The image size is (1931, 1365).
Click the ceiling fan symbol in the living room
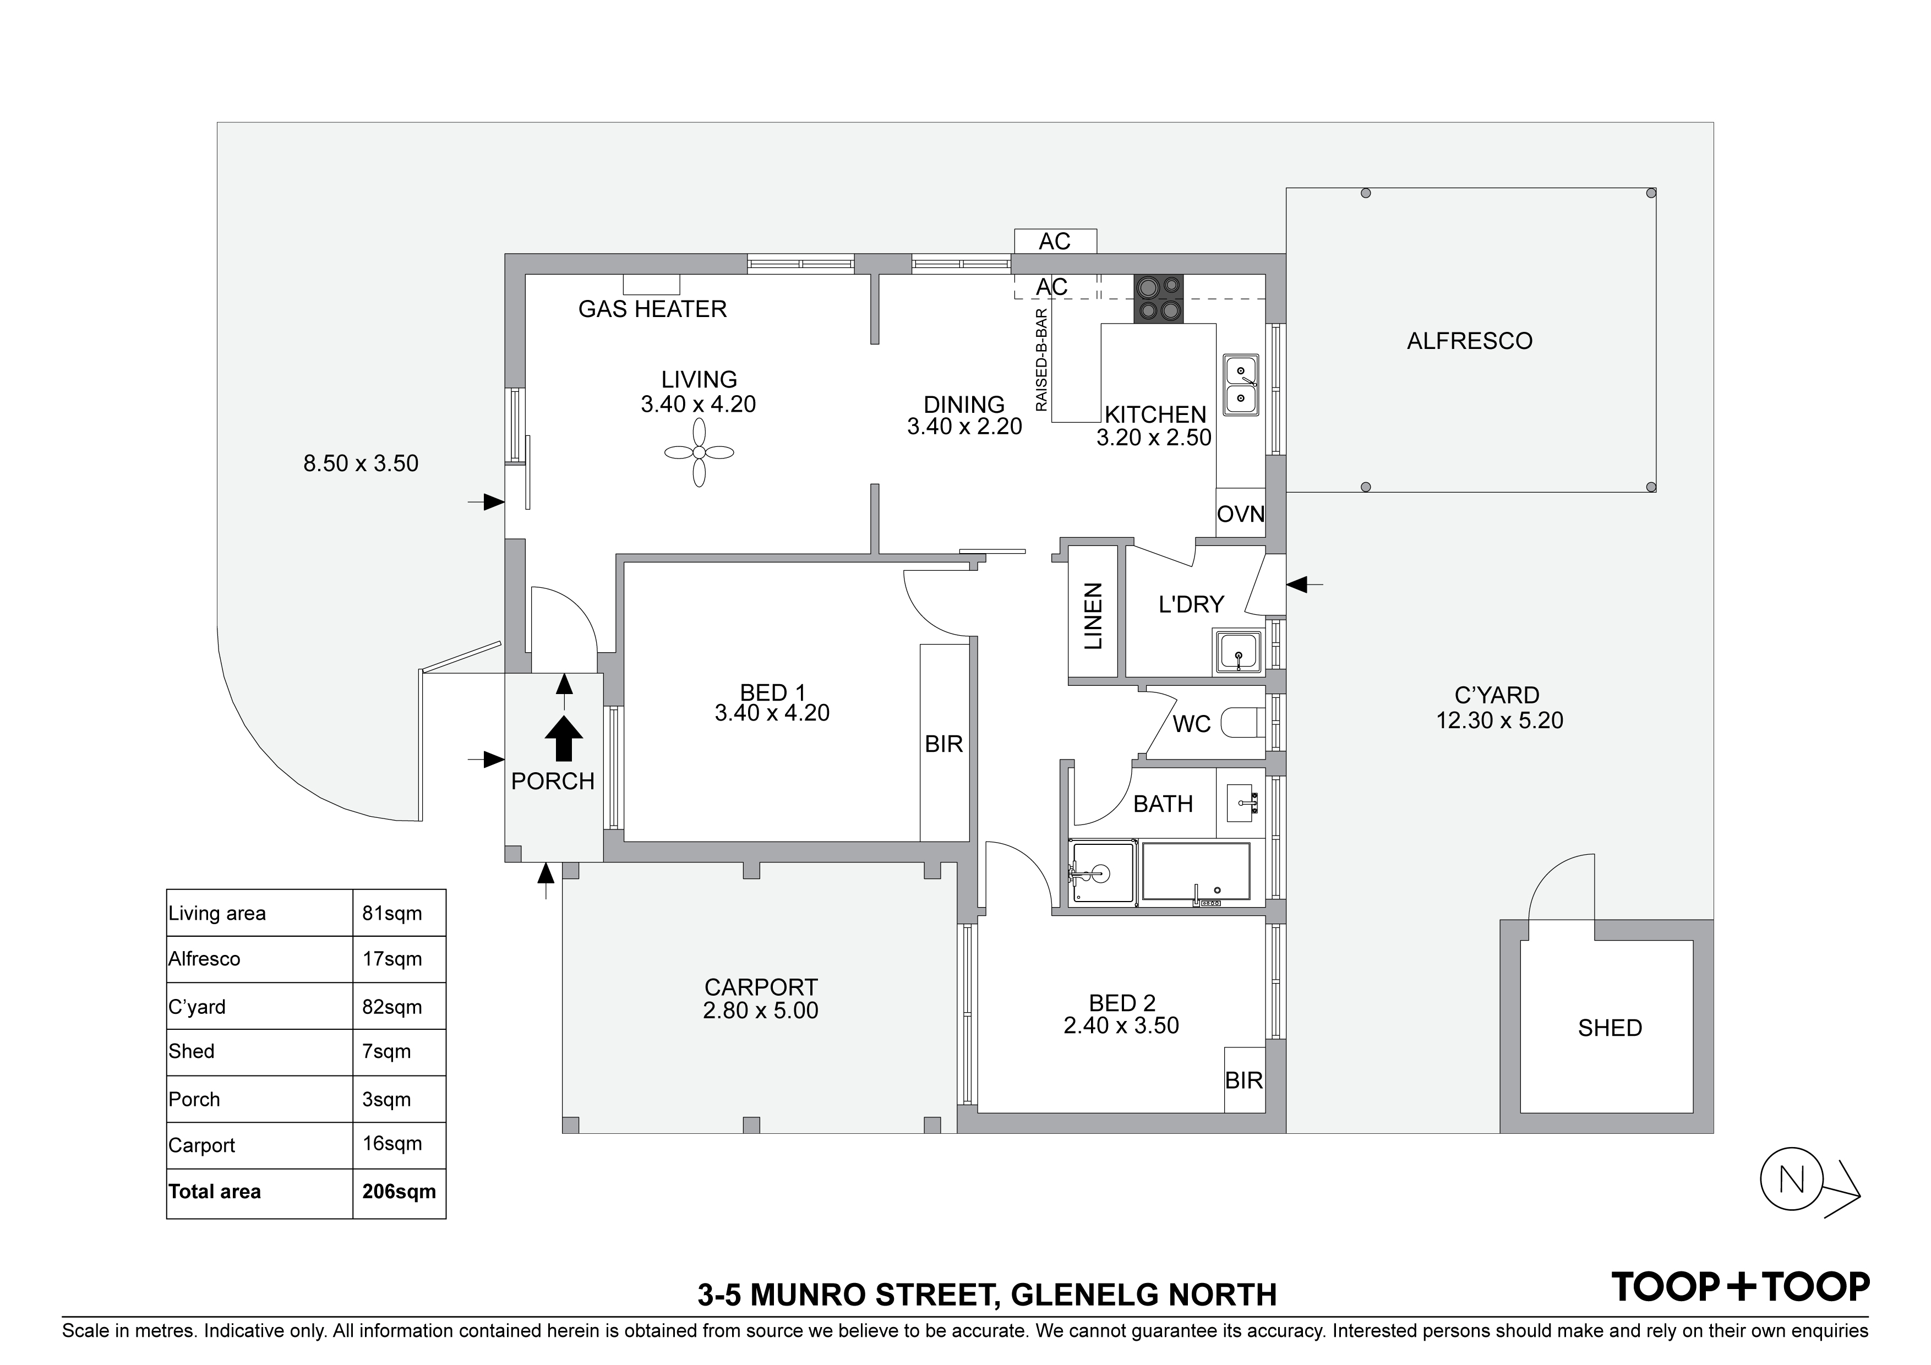tap(699, 452)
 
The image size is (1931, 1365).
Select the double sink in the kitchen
tap(1241, 384)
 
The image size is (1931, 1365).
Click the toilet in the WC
tap(1243, 723)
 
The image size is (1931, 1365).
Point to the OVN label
tap(1241, 514)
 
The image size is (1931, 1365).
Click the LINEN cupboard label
tap(1093, 616)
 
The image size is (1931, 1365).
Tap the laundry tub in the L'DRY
tap(1238, 653)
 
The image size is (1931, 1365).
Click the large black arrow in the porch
tap(564, 739)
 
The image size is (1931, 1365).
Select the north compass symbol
tap(1809, 1181)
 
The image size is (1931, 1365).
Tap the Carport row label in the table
tap(202, 1145)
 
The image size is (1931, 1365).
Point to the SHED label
tap(1610, 1028)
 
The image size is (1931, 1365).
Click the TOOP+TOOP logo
tap(1740, 1287)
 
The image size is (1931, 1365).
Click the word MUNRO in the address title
tap(808, 1295)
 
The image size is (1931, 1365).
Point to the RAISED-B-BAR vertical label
tap(1042, 360)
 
